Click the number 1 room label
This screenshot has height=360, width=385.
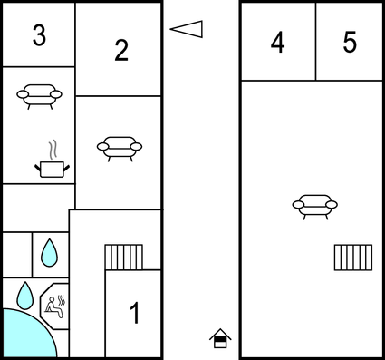click(134, 314)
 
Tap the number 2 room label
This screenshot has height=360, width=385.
click(121, 51)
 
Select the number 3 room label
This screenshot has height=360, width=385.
click(38, 35)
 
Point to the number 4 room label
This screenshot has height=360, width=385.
click(278, 43)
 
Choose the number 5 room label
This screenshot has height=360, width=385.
click(351, 43)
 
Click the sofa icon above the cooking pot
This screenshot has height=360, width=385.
click(39, 94)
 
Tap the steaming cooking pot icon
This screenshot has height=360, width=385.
click(52, 166)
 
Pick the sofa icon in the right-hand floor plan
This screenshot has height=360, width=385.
click(314, 206)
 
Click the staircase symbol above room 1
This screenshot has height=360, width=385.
click(123, 257)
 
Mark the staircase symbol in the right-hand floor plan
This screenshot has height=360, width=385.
click(352, 258)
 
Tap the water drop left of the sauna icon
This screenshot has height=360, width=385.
click(25, 295)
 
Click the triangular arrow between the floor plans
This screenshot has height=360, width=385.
click(187, 29)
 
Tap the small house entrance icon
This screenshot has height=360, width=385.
click(220, 338)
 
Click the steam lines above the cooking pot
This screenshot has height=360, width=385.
click(53, 148)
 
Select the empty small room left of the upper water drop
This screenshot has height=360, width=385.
click(16, 254)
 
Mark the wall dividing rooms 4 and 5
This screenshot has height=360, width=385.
click(315, 42)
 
